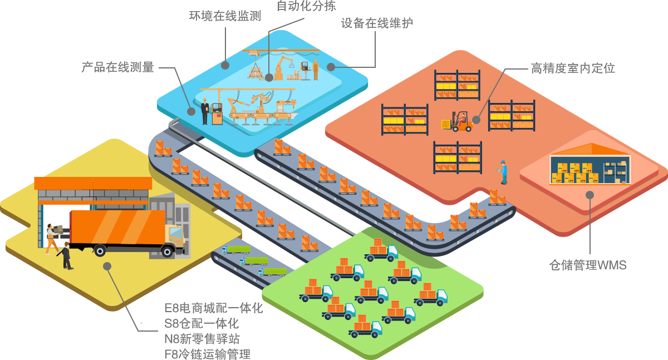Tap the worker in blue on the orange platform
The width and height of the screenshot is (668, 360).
[503, 172]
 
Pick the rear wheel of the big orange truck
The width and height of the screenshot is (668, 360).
[100, 250]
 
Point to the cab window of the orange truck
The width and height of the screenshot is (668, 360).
[176, 234]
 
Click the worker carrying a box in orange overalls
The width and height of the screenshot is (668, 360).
[52, 238]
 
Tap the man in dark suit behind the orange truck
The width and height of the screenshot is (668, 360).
[67, 256]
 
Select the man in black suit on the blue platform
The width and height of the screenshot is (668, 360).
[205, 111]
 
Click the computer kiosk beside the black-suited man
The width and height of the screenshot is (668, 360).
[217, 113]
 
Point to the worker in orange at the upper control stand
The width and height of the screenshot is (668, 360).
[316, 70]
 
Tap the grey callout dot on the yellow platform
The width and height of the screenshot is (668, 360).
[107, 266]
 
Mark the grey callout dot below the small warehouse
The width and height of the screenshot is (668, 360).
[590, 195]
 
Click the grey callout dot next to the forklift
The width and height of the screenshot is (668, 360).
[476, 120]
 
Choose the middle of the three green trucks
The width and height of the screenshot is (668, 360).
[254, 261]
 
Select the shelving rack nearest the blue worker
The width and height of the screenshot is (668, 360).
[458, 157]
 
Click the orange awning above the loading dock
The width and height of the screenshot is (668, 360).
[93, 183]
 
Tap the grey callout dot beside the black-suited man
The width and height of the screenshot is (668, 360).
[191, 111]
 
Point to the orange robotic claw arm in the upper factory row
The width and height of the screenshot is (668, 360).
[284, 62]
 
